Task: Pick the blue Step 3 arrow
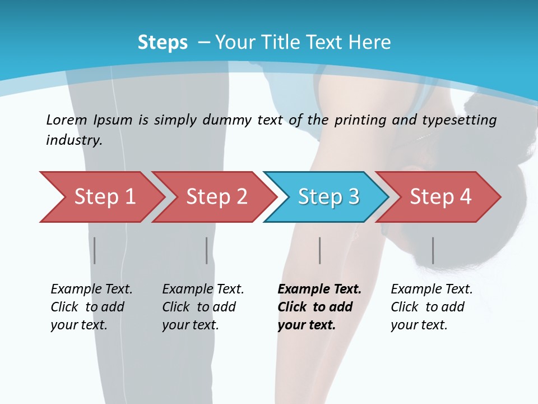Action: [328, 197]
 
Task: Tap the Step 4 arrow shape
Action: [440, 197]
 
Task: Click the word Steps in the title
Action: [163, 43]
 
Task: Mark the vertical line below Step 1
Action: [95, 250]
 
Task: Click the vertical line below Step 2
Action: [207, 250]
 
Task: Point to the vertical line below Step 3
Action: [320, 250]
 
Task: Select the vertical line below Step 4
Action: [433, 250]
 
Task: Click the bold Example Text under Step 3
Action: [319, 290]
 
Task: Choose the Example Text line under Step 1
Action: [91, 290]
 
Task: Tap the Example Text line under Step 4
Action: [432, 290]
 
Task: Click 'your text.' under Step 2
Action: [191, 325]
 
